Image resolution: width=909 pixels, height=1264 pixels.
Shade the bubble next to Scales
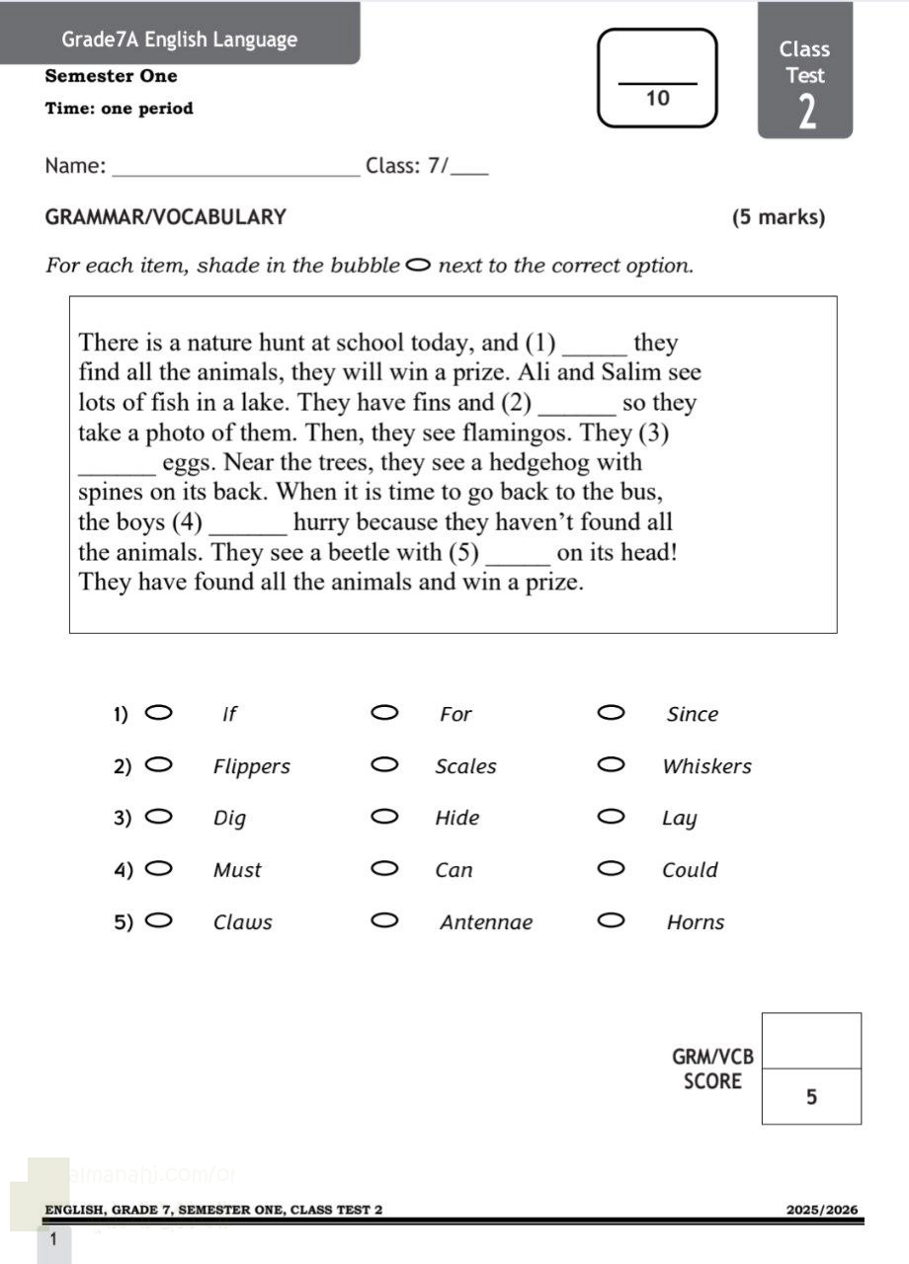coord(384,764)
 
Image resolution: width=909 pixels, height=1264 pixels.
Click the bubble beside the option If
coord(158,712)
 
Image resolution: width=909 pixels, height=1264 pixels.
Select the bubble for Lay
coord(611,817)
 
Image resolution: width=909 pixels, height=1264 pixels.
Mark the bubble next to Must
coord(158,869)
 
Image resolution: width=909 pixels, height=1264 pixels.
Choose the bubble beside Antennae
coord(384,921)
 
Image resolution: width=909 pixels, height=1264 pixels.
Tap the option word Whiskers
coord(706,766)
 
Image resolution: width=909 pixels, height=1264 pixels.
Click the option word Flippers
coord(252,766)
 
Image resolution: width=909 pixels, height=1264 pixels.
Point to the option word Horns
coord(696,922)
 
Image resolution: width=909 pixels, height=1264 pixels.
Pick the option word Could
coord(690,870)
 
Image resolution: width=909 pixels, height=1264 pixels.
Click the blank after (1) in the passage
coord(594,346)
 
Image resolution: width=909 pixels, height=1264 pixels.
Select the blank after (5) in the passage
coord(519,554)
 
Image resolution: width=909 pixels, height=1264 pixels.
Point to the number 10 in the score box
coord(657,98)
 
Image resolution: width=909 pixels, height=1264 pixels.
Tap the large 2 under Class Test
coord(807,113)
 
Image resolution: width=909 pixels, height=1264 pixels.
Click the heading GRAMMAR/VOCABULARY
coord(166,217)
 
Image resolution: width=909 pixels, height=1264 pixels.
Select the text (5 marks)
coord(778,217)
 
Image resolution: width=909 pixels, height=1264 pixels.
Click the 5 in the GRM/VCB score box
coord(811,1096)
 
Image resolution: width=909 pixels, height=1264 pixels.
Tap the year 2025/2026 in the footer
coord(822,1210)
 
